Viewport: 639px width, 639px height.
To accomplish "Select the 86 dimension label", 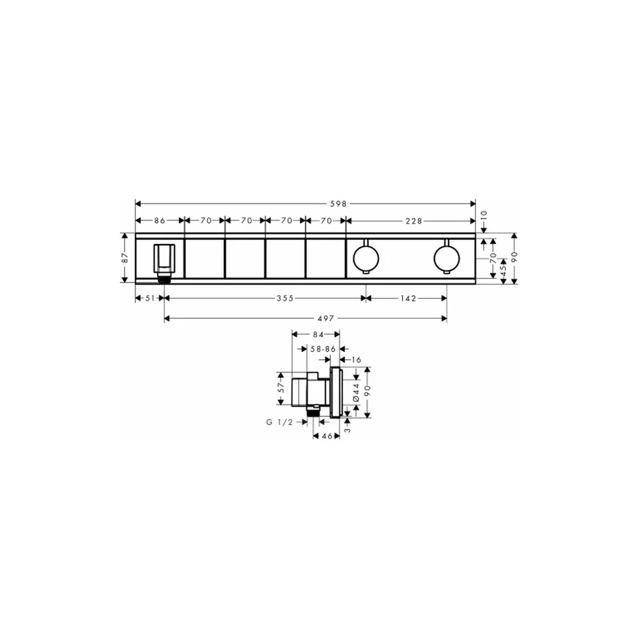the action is coord(160,221).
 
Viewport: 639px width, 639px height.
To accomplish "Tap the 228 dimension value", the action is coord(413,221).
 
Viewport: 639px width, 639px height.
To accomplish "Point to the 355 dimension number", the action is coord(285,298).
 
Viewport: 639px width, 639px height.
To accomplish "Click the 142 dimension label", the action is coord(408,298).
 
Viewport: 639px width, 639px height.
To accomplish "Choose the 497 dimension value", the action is coord(326,318).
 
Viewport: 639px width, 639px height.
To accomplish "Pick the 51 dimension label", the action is coord(150,298).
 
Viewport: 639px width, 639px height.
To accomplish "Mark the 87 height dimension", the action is coord(125,258).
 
